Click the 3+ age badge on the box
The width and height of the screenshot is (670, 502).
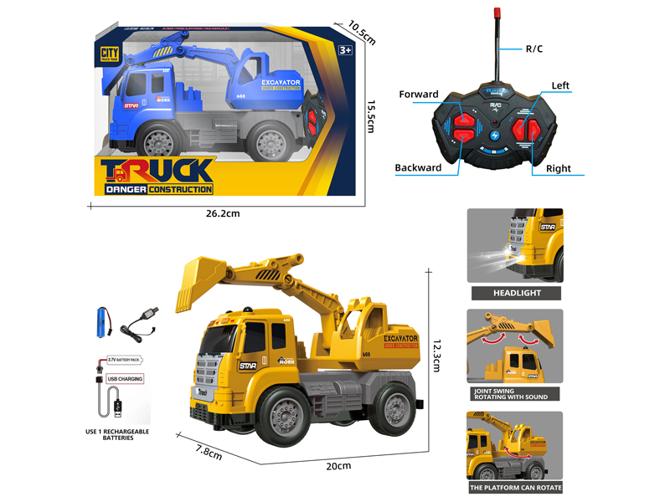pos(345,51)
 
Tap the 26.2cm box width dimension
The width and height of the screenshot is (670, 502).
pos(223,213)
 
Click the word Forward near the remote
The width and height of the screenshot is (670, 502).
pos(419,94)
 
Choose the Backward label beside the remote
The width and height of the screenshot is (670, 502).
pos(418,168)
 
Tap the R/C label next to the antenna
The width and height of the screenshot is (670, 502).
pos(534,49)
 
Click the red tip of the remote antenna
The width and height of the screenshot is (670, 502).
pos(497,13)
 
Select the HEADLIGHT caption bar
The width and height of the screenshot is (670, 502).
pos(515,293)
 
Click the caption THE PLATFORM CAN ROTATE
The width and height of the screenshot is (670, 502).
pos(515,487)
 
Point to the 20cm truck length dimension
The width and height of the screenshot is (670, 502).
pos(338,465)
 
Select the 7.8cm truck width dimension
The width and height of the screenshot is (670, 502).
pos(209,453)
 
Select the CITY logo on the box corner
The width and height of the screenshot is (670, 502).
pos(107,53)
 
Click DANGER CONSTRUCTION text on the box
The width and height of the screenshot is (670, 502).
pos(159,190)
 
